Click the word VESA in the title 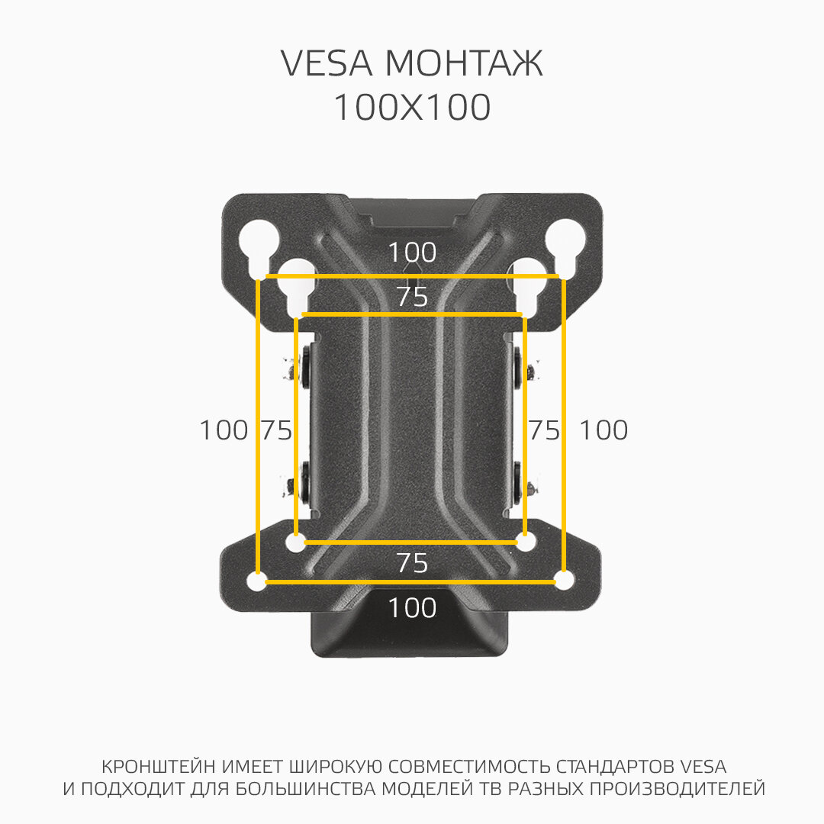point(327,64)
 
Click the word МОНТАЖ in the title point(464,64)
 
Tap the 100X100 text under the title point(412,108)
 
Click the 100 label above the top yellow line point(412,253)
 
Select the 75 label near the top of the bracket point(412,298)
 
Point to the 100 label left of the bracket point(224,430)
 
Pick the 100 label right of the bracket point(603,430)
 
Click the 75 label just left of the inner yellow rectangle point(276,431)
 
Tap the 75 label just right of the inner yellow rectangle point(545,431)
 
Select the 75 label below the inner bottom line point(412,564)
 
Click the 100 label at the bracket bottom point(412,609)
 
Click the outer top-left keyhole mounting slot point(253,246)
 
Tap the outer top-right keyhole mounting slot point(565,243)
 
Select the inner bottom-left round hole point(296,542)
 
